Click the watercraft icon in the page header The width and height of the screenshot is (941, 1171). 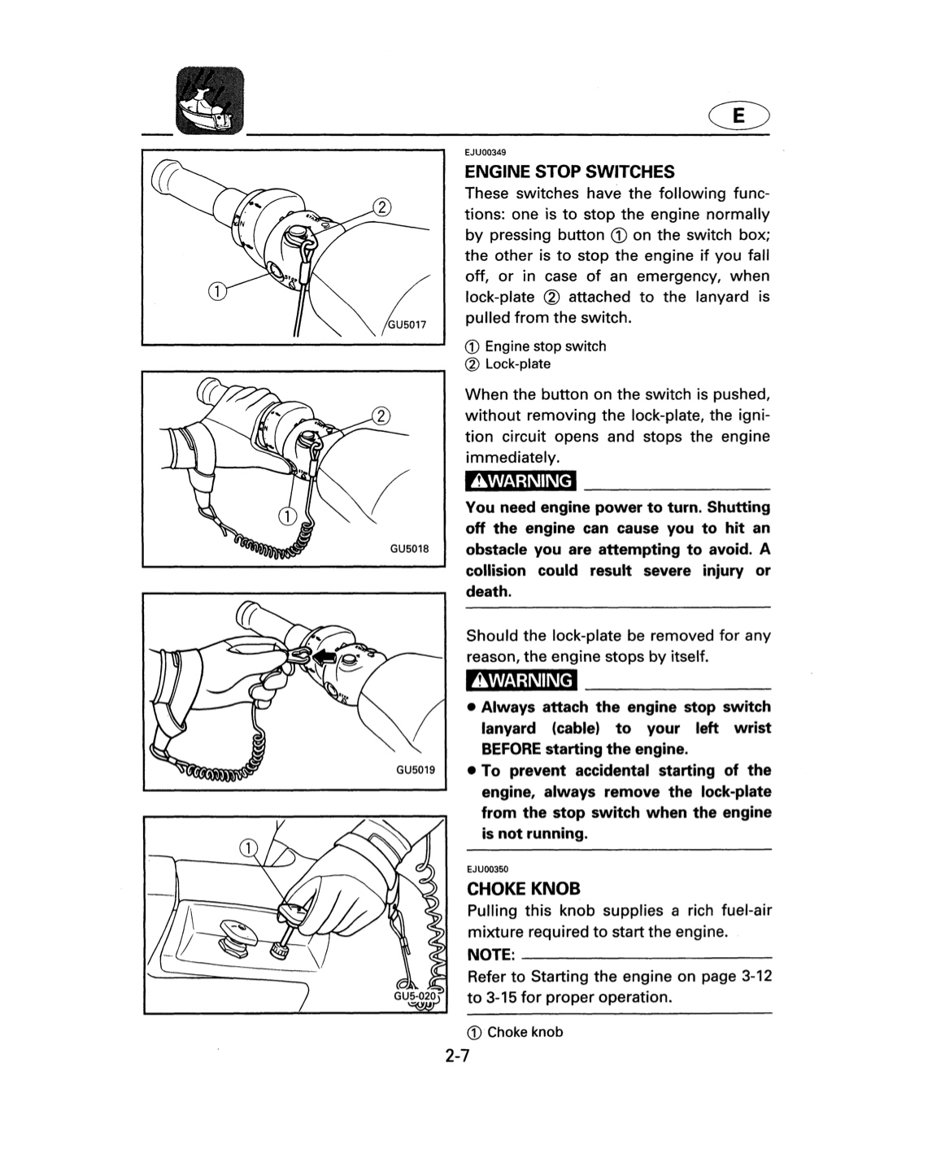click(210, 101)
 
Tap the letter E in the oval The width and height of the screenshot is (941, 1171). click(738, 115)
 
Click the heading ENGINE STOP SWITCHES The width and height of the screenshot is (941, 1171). click(569, 172)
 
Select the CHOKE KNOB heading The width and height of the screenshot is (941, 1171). click(524, 889)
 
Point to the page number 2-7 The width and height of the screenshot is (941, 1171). click(456, 1056)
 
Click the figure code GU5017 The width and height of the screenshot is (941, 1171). click(407, 324)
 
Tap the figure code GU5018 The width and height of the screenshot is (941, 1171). click(409, 548)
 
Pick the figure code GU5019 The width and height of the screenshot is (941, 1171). click(416, 769)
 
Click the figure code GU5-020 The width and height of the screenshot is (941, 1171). click(416, 996)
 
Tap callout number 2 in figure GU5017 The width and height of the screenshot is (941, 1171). click(381, 207)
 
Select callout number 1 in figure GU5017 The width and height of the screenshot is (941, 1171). click(216, 292)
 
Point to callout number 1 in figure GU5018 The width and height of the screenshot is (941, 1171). click(287, 516)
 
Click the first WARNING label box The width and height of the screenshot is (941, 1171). click(521, 481)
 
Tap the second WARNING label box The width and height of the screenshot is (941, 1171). click(521, 680)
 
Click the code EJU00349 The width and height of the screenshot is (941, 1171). click(485, 152)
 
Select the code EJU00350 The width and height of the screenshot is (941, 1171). click(488, 869)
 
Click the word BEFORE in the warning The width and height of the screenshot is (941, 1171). click(511, 749)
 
